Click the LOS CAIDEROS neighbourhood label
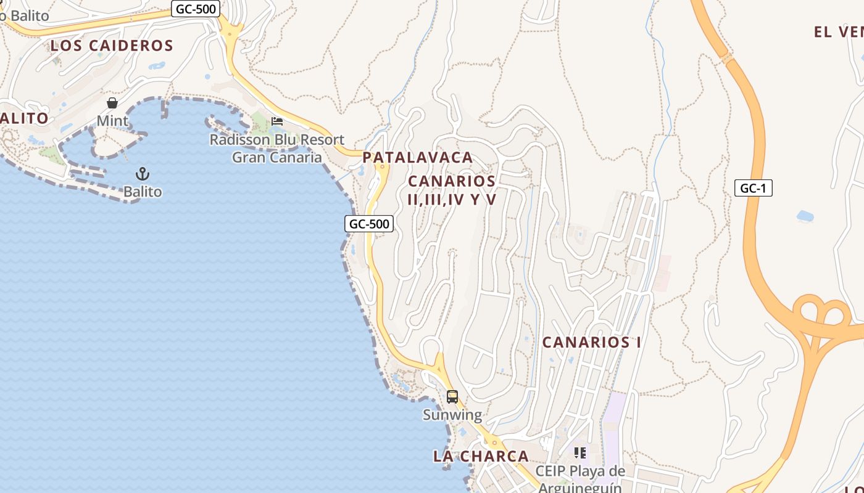[112, 45]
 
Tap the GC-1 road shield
[753, 188]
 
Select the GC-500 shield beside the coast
[368, 224]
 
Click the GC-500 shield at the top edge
[195, 9]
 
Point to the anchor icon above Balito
[143, 174]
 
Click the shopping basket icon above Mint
[112, 102]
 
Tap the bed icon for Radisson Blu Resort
[277, 121]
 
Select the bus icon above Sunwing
[452, 396]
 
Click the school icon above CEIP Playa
[579, 453]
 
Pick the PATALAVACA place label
[418, 157]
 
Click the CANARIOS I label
[591, 342]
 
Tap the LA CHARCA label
[481, 456]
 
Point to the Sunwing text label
[452, 415]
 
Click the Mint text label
[112, 121]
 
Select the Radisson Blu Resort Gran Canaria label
[277, 148]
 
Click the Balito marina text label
[143, 192]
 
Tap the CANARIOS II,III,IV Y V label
[452, 190]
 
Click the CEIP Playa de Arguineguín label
[579, 479]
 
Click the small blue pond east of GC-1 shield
[805, 216]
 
